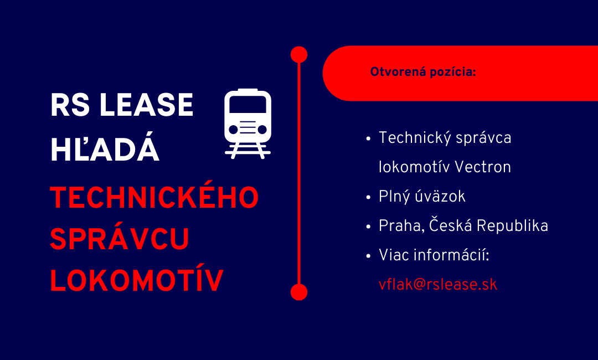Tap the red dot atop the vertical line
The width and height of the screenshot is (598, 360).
[299, 54]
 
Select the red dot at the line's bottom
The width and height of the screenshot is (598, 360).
[299, 292]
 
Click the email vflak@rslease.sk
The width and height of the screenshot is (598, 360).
[438, 285]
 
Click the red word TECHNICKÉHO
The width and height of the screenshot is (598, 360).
[154, 197]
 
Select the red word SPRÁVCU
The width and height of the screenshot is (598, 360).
[120, 239]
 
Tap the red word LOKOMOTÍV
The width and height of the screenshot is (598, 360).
[137, 281]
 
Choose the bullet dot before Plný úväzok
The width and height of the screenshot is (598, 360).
[369, 197]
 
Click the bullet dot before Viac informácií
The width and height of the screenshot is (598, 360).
[369, 256]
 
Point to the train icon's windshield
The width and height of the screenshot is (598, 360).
[248, 106]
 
